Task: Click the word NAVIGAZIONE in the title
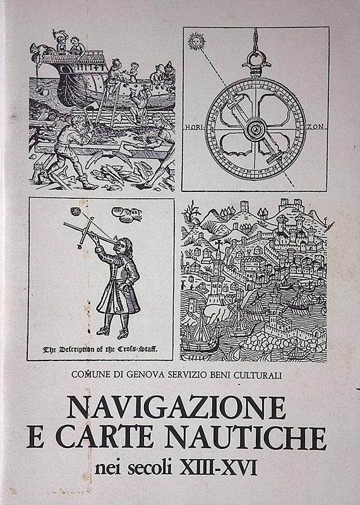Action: point(177,407)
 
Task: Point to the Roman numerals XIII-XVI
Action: point(218,467)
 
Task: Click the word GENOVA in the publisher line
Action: point(146,375)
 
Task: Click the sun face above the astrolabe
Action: point(196,42)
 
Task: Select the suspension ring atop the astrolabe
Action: point(256,59)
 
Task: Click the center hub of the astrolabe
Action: point(255,129)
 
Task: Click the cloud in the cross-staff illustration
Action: point(127,215)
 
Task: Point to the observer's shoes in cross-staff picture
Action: point(114,333)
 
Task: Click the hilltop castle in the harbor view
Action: point(292,205)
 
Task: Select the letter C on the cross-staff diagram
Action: point(92,218)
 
